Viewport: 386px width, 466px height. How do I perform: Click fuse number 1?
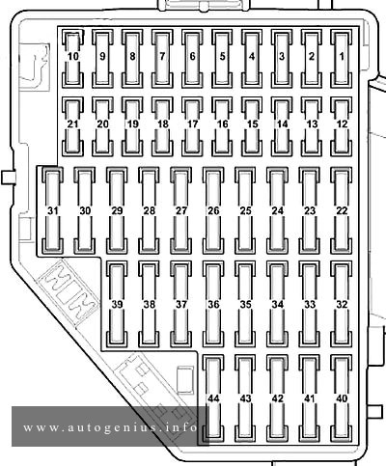click(342, 59)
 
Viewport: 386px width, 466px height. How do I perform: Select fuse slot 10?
click(72, 59)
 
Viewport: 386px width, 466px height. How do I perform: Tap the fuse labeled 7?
click(162, 59)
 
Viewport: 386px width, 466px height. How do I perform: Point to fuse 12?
click(342, 126)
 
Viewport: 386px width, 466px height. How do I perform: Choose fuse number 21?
click(72, 126)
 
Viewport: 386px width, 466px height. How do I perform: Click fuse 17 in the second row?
click(192, 126)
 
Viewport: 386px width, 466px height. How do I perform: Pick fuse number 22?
click(342, 210)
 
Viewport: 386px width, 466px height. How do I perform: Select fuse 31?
click(53, 210)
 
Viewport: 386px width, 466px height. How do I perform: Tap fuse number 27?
click(180, 210)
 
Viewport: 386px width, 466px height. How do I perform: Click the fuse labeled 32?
click(342, 304)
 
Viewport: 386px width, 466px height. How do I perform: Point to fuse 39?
click(117, 304)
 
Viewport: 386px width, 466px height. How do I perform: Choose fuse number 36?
click(213, 304)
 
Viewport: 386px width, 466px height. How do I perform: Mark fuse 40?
click(342, 398)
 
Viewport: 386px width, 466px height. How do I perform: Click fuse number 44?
click(213, 398)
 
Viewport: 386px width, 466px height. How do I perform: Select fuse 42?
click(277, 398)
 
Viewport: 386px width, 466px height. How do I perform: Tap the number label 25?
click(245, 211)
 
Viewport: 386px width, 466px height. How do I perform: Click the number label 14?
click(282, 124)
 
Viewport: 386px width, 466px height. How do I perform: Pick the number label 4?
click(252, 57)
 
